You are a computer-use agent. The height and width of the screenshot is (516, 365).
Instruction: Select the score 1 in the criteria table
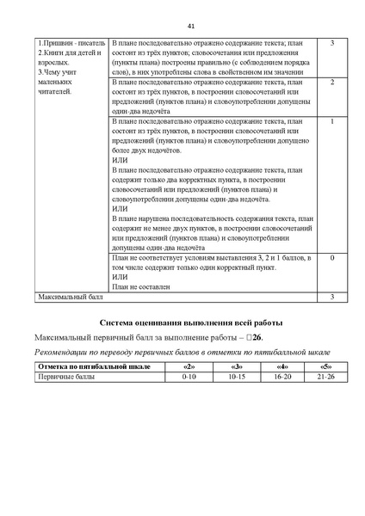click(x=331, y=121)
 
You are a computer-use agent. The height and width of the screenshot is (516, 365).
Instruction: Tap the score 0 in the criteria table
click(x=331, y=258)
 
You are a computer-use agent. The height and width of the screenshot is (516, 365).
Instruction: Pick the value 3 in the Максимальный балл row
click(x=331, y=297)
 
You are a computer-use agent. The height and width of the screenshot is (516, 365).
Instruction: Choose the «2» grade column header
click(x=189, y=367)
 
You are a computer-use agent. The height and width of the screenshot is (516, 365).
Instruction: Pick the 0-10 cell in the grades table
click(x=189, y=377)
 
